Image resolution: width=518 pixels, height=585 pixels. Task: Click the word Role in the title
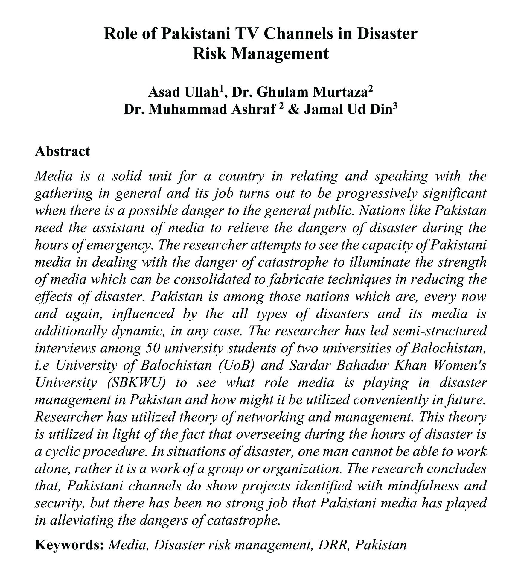click(119, 34)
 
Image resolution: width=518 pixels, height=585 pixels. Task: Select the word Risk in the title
click(210, 54)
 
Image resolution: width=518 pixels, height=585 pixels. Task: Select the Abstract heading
click(62, 151)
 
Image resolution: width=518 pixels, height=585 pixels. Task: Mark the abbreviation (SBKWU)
click(136, 383)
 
